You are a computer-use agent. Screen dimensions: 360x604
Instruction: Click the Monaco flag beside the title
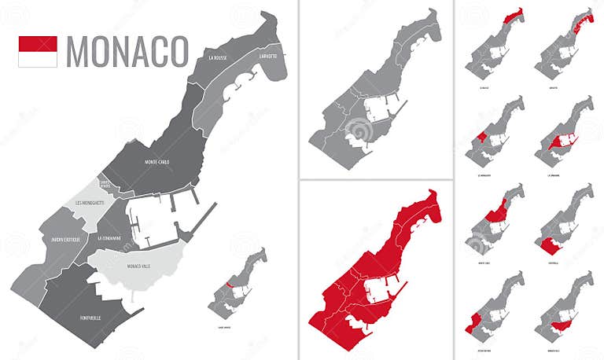pyautogui.click(x=38, y=51)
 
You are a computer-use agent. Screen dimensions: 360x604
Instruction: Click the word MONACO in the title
pyautogui.click(x=127, y=51)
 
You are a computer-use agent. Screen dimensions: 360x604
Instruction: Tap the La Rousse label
pyautogui.click(x=218, y=58)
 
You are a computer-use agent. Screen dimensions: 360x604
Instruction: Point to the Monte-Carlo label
pyautogui.click(x=157, y=162)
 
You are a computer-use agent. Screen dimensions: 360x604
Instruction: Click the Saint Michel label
pyautogui.click(x=105, y=186)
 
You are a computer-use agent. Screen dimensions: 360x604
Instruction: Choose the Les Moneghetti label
pyautogui.click(x=90, y=203)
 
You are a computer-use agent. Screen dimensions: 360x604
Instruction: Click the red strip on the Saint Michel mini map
pyautogui.click(x=227, y=285)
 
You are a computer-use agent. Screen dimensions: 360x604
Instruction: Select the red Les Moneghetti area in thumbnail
pyautogui.click(x=481, y=138)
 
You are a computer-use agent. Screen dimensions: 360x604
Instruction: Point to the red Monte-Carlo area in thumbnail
pyautogui.click(x=498, y=211)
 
